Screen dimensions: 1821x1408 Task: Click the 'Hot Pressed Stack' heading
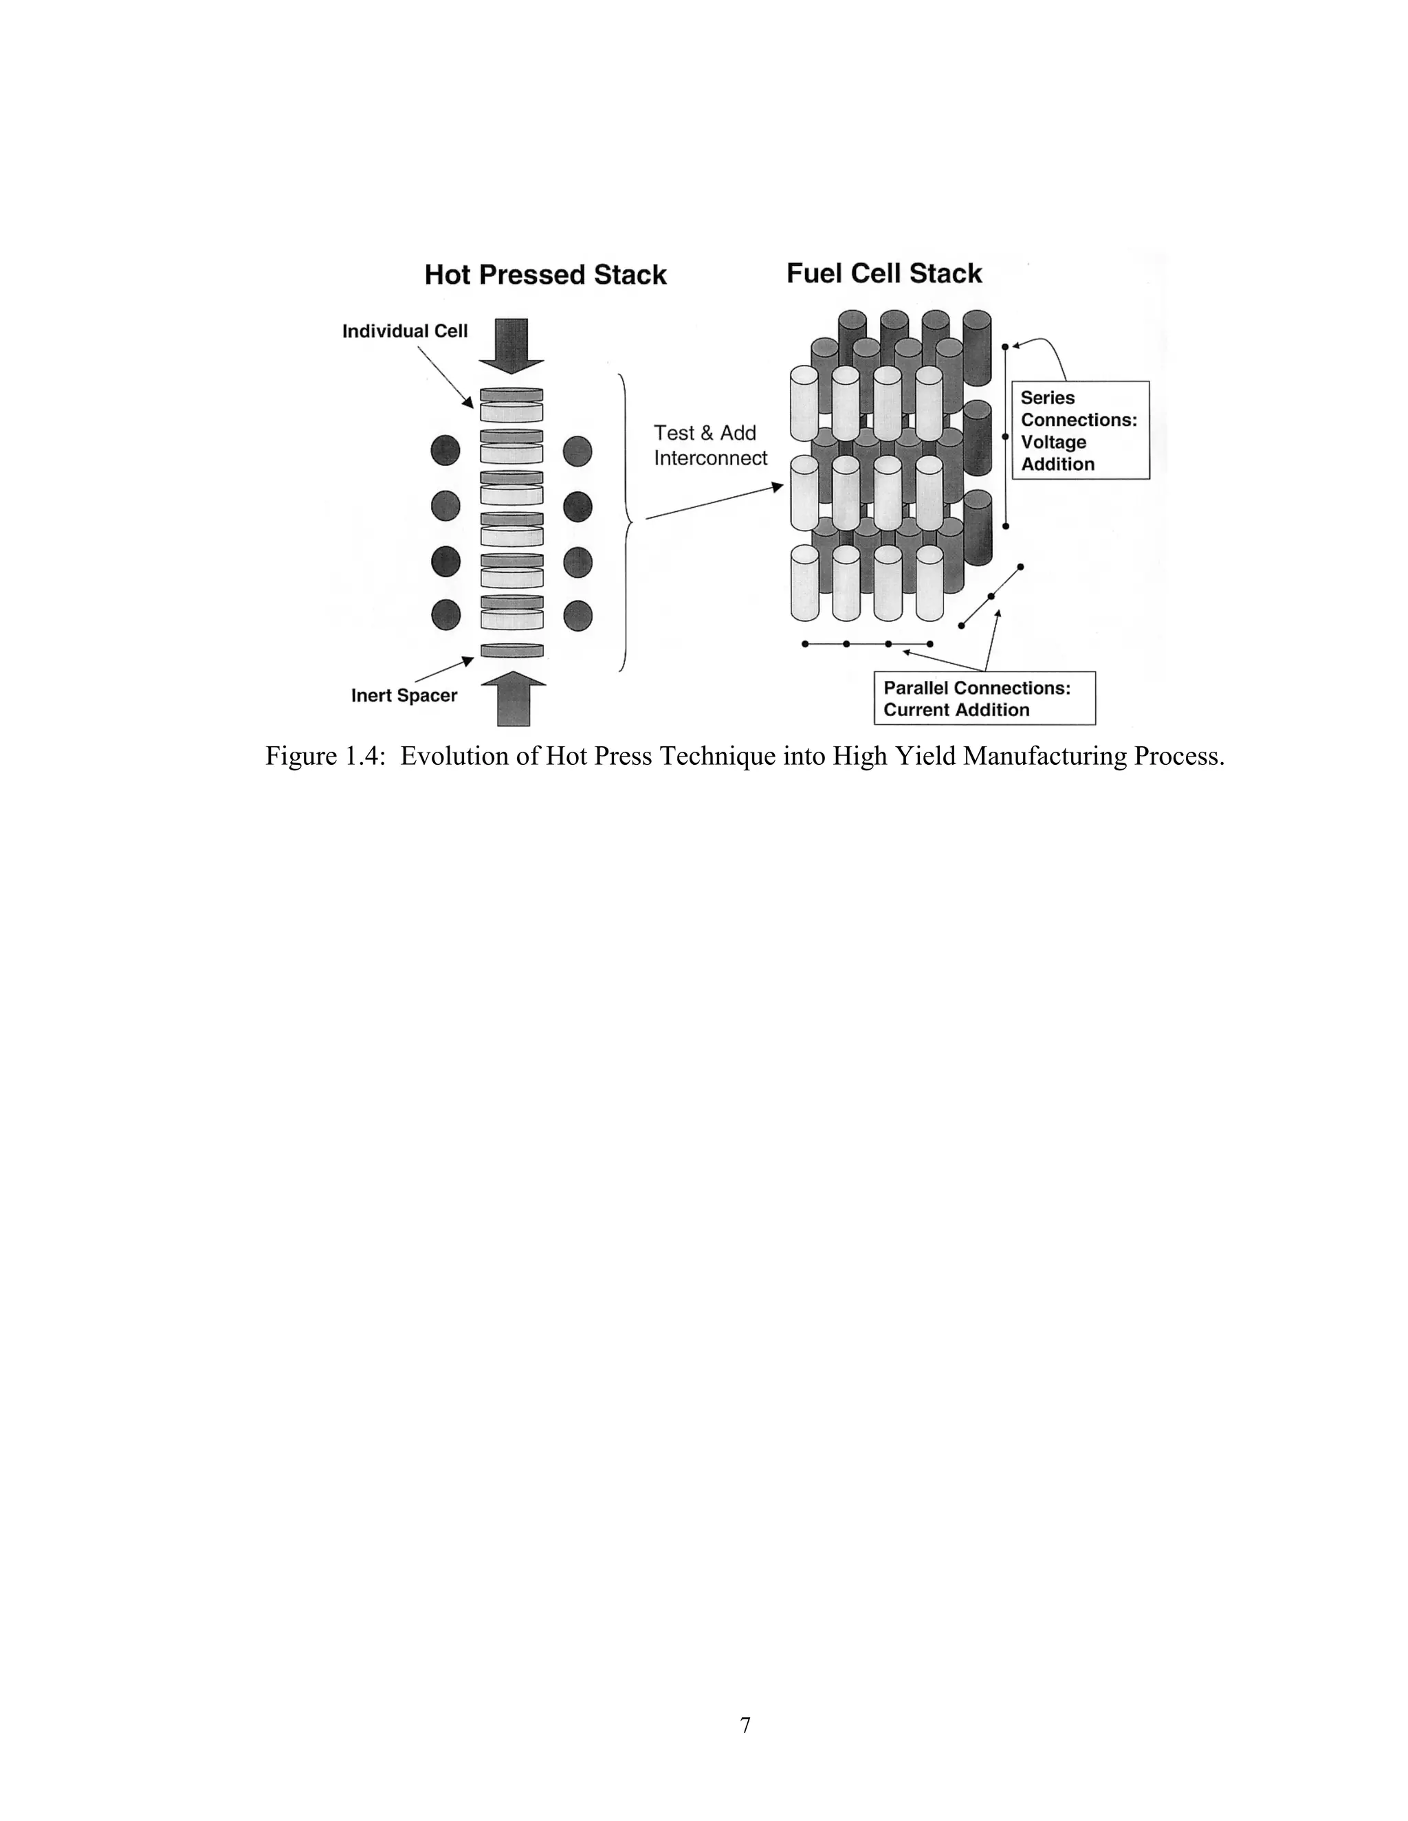tap(544, 275)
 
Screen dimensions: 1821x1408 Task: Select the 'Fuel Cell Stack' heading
tap(884, 273)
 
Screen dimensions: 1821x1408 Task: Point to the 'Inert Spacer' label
tap(404, 695)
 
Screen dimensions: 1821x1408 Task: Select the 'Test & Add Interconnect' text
tap(709, 445)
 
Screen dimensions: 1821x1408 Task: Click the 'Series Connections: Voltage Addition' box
tap(1080, 430)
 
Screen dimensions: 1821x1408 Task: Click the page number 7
tap(745, 1724)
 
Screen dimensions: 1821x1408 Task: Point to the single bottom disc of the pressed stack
tap(511, 650)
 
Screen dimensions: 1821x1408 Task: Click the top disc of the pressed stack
tap(511, 394)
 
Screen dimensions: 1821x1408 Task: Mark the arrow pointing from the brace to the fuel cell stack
tap(715, 502)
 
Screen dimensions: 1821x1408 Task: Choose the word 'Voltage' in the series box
tap(1053, 442)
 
